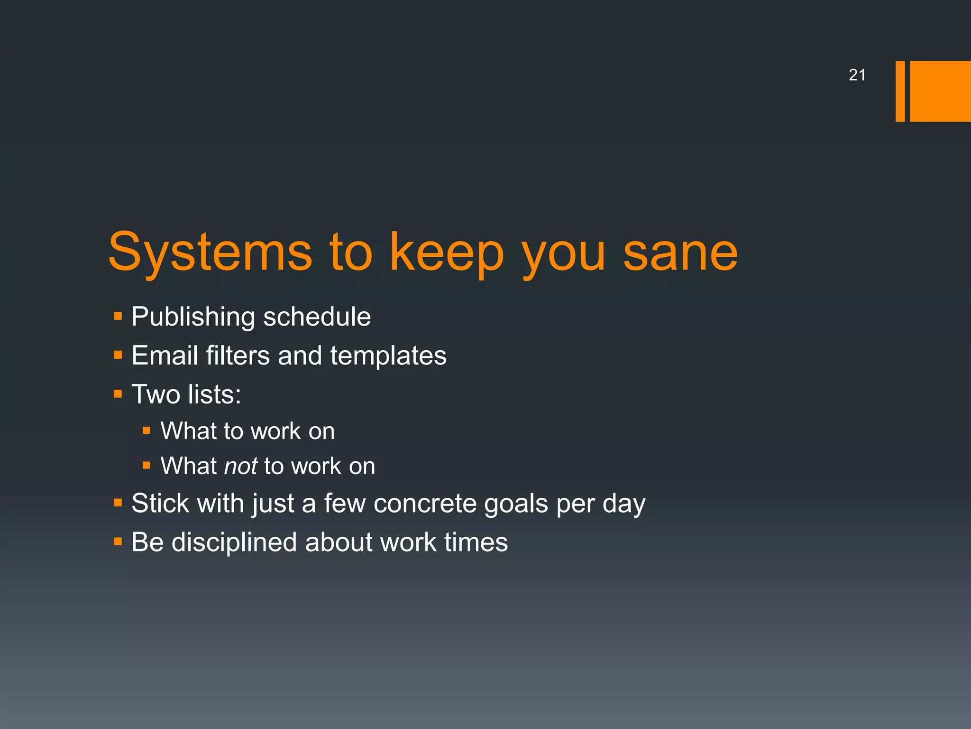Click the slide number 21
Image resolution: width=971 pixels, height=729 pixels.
point(857,75)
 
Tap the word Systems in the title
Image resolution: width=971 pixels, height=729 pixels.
point(210,252)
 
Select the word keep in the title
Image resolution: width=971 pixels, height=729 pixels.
point(446,252)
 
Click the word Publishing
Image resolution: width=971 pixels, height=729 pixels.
point(193,317)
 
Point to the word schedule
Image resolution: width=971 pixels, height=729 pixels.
point(317,317)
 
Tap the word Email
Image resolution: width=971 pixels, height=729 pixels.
point(165,355)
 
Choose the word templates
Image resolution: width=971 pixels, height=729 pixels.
point(388,355)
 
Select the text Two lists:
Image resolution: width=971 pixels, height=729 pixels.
point(186,394)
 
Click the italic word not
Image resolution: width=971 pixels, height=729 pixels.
point(240,466)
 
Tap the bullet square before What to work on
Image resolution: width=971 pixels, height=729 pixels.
point(147,431)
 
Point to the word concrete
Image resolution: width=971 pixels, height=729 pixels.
point(425,503)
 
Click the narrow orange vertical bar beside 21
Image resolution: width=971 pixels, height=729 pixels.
point(900,91)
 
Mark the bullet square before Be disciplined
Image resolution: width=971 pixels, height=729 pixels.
point(118,542)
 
